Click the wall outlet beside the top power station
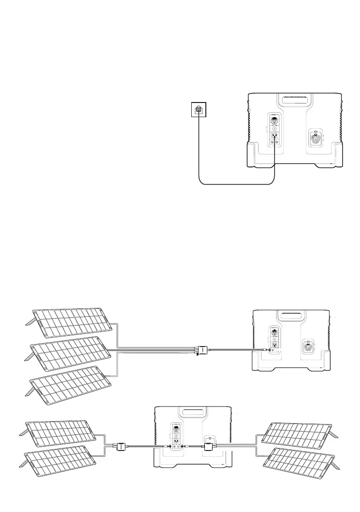coord(199,110)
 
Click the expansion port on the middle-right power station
coord(308,348)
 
